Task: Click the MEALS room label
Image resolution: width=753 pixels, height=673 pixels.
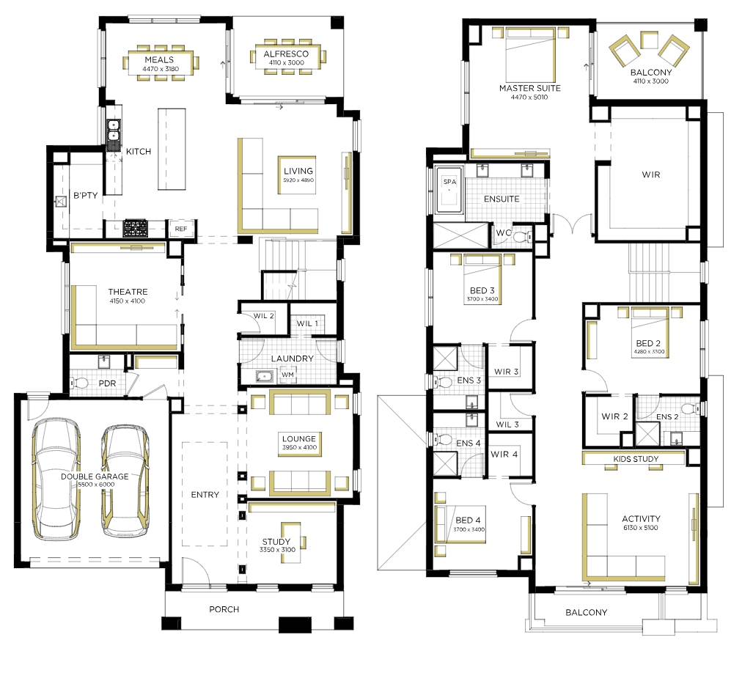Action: (159, 60)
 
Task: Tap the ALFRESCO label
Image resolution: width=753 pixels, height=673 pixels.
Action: (286, 54)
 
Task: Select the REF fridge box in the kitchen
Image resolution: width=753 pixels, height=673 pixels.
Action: (181, 229)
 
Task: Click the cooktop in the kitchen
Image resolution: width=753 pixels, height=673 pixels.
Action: (135, 229)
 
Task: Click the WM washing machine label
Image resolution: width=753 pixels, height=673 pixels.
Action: (287, 375)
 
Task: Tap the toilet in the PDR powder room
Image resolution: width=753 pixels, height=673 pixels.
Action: (80, 383)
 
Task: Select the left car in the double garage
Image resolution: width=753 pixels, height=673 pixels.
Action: (56, 479)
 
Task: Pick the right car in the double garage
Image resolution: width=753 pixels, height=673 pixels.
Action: (125, 480)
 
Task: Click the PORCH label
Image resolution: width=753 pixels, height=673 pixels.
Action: (224, 609)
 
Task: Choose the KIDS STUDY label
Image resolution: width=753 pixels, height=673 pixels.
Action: (636, 459)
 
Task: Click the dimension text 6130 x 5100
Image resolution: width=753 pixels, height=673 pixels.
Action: (641, 528)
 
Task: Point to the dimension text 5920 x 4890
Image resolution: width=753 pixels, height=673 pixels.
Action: (298, 180)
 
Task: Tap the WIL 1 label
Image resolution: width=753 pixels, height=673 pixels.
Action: (307, 323)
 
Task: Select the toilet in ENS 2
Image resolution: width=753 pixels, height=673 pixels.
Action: (691, 409)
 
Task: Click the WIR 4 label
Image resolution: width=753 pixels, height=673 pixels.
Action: (504, 454)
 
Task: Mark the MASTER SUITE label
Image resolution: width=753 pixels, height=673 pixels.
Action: (529, 88)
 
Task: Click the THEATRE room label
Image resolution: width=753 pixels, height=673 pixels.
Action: (128, 292)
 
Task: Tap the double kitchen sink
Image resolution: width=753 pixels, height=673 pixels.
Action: (114, 135)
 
